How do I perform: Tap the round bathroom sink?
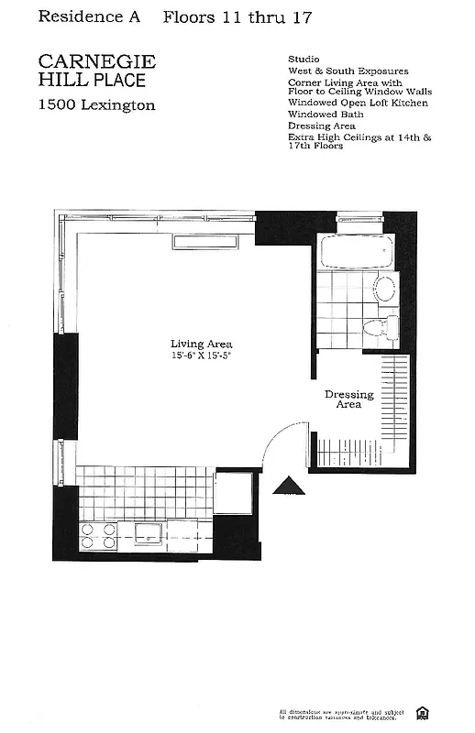point(384,290)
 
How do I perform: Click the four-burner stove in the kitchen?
point(98,535)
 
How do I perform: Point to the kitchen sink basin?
point(149,532)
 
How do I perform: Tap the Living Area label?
point(201,345)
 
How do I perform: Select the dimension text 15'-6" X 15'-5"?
point(201,356)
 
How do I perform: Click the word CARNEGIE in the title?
point(97,61)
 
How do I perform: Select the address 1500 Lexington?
point(96,105)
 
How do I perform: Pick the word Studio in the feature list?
point(304,59)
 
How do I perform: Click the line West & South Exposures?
point(348,71)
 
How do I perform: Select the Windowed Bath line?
point(326,115)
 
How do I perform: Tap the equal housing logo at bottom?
point(423,713)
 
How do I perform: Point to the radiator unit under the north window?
point(211,242)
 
